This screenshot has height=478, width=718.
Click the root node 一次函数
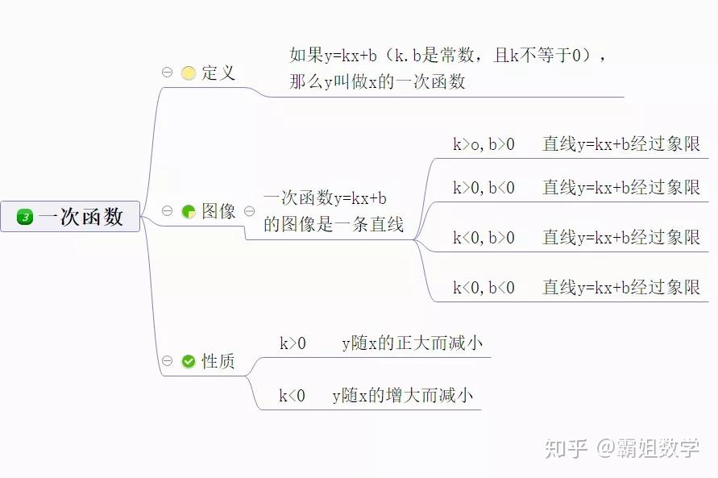click(x=70, y=216)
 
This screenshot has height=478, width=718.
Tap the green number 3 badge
click(x=25, y=217)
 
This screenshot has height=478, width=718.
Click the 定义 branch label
click(x=218, y=73)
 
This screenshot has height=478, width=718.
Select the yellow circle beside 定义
click(x=189, y=73)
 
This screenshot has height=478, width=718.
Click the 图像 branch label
click(x=218, y=211)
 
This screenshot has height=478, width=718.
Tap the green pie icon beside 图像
click(x=189, y=211)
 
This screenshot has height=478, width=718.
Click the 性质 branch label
click(x=218, y=361)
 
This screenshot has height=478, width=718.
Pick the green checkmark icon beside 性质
click(x=189, y=361)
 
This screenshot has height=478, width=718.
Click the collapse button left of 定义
click(x=167, y=73)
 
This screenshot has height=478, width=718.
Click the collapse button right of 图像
click(x=250, y=211)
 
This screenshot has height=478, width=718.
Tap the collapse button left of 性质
click(x=167, y=361)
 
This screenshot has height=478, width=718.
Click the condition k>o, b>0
click(x=484, y=144)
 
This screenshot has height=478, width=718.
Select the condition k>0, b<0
click(x=484, y=188)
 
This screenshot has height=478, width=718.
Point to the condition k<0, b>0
click(x=484, y=238)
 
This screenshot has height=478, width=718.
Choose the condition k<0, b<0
click(x=484, y=288)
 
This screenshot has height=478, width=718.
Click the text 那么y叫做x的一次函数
click(x=377, y=82)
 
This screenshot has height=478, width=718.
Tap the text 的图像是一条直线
click(x=334, y=224)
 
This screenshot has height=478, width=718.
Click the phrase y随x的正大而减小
click(x=412, y=343)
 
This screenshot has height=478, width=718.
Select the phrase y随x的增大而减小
click(x=402, y=395)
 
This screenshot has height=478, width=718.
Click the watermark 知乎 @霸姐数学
click(x=622, y=448)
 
